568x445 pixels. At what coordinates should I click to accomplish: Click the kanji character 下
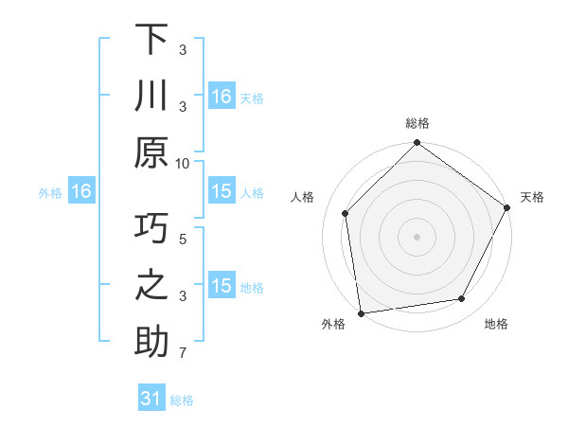(151, 41)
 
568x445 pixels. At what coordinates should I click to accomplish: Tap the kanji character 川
(151, 97)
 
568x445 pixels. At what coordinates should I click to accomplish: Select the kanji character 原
(151, 151)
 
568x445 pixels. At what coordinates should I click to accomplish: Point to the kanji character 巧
(151, 230)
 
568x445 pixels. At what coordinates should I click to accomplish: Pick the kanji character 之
(151, 286)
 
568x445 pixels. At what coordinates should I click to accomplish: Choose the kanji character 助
(151, 342)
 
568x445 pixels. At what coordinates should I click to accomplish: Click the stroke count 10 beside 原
(183, 162)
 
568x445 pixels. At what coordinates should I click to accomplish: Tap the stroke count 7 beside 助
(183, 354)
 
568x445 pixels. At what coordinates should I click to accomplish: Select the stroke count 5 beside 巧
(183, 240)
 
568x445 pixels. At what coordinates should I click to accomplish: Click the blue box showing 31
(151, 399)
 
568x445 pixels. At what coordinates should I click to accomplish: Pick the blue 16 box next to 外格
(81, 192)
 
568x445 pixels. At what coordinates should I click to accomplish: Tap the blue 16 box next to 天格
(222, 97)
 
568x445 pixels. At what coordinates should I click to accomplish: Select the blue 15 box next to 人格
(222, 192)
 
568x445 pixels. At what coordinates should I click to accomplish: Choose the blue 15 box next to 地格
(222, 286)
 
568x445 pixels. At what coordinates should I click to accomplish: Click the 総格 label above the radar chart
(417, 123)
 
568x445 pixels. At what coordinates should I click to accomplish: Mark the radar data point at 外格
(361, 312)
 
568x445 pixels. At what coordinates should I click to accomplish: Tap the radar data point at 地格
(462, 299)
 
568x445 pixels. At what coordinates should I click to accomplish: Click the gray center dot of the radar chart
(417, 236)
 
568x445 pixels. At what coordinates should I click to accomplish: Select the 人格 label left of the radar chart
(304, 197)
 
